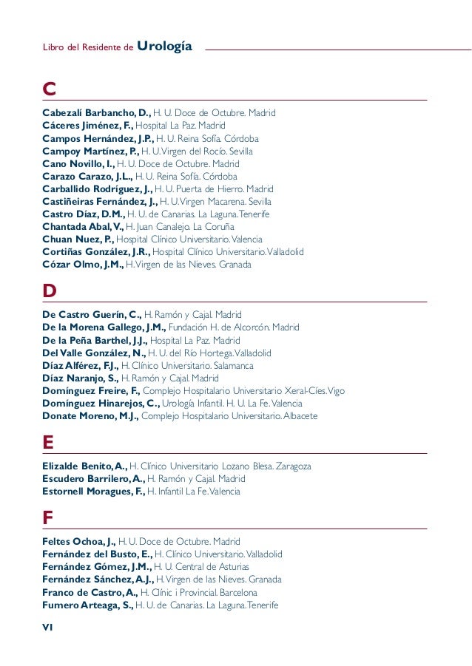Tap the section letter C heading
click(50, 89)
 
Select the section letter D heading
click(50, 291)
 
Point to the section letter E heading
click(49, 443)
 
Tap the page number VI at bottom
click(48, 627)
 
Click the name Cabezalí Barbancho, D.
click(96, 113)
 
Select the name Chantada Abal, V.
click(83, 226)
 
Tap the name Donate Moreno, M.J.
click(90, 415)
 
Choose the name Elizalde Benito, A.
click(84, 466)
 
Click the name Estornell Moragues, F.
click(93, 492)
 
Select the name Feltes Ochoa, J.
click(78, 542)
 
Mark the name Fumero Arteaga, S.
click(87, 605)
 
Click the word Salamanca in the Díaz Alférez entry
click(233, 365)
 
